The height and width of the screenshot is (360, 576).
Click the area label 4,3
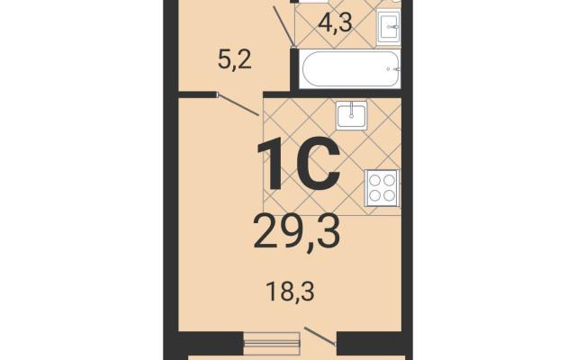pos(336,23)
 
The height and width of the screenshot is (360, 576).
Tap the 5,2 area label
pos(234,60)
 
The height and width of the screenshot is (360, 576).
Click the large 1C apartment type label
pos(298,163)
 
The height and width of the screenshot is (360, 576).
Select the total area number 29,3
pos(296,232)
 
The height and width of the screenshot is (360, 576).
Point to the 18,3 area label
pos(291,292)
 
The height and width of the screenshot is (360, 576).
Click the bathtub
pos(350,69)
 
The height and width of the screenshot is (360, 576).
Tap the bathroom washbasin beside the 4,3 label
pos(389,26)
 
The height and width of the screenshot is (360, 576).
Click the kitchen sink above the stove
pos(352,115)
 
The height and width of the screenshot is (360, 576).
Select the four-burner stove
pos(382,188)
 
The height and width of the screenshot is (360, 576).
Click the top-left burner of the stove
pos(374,180)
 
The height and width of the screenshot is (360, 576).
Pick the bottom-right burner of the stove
pos(389,196)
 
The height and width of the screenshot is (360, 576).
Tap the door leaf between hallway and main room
pos(238,105)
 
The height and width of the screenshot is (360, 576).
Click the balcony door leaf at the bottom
pos(320,336)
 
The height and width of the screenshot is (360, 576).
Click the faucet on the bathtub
pos(395,69)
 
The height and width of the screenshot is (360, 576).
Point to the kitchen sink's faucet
pos(352,110)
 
